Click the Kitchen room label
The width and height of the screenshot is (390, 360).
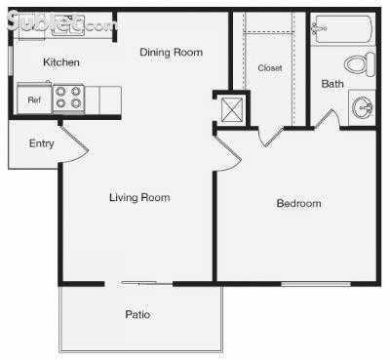coord(60,62)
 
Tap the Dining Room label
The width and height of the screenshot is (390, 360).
coord(171,52)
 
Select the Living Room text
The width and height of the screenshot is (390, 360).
coord(139,198)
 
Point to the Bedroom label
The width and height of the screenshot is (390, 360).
coord(298,204)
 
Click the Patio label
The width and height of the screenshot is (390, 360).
coord(137,315)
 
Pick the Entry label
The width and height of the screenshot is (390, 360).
coord(41,144)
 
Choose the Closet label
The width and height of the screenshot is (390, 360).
coord(270,68)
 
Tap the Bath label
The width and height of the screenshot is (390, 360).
coord(332,84)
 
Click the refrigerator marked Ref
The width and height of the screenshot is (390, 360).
coord(34,100)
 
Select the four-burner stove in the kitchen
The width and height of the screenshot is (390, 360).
coord(68,98)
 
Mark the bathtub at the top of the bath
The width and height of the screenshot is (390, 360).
coord(342,30)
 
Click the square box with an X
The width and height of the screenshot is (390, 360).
coord(231,109)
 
